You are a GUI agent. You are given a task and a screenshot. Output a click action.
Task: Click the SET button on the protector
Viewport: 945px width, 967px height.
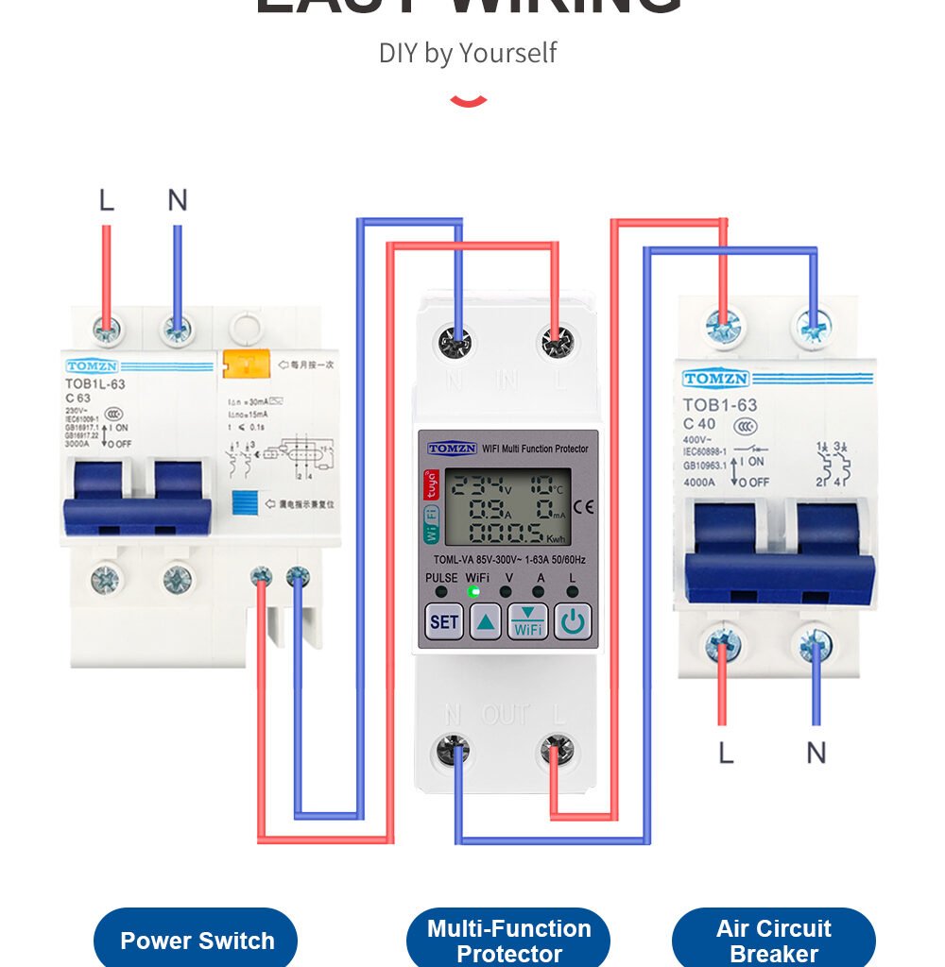click(444, 622)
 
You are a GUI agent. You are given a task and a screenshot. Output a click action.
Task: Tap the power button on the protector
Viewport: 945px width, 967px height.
click(573, 622)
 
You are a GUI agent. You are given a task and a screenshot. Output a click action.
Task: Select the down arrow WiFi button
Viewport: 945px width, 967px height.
click(528, 622)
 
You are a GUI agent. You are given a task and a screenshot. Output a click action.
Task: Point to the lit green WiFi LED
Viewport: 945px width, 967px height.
click(474, 592)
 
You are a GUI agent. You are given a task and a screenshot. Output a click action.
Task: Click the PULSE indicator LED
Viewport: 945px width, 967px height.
click(440, 592)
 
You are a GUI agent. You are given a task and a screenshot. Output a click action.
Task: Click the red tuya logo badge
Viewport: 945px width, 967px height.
click(430, 484)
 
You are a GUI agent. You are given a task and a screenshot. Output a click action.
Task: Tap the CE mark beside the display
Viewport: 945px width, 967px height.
click(584, 506)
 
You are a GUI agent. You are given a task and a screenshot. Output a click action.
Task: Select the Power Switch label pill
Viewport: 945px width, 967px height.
click(196, 941)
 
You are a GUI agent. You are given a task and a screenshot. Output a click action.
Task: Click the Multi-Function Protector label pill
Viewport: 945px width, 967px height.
click(508, 941)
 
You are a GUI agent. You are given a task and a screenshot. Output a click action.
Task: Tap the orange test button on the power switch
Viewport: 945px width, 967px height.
click(246, 363)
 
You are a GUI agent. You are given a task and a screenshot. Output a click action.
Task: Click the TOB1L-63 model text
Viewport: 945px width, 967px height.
click(94, 384)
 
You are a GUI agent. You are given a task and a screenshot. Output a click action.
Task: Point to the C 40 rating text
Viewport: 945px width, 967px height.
click(699, 424)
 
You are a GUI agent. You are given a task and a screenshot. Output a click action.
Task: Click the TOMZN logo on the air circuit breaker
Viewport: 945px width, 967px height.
click(715, 380)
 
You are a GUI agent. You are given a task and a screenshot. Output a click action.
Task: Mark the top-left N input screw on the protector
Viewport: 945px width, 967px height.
click(455, 342)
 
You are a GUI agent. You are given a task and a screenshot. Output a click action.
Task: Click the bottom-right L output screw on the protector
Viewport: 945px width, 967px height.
click(558, 752)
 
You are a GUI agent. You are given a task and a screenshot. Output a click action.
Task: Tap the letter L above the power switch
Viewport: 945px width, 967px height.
click(106, 200)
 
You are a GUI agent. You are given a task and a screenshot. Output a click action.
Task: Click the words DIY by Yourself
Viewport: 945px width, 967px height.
click(468, 53)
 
